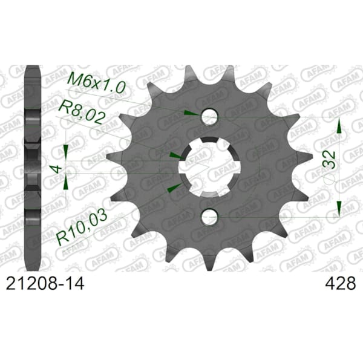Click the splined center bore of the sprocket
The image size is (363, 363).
(x=209, y=166)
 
